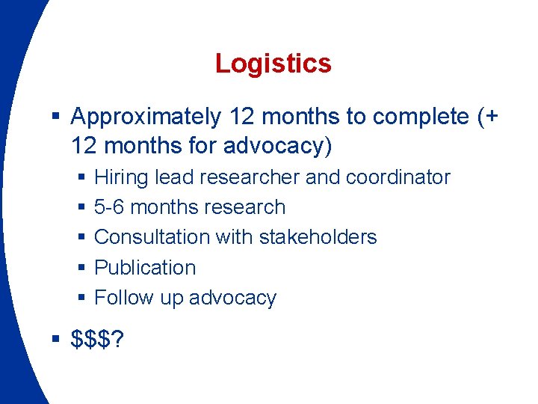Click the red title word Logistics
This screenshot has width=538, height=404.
click(273, 64)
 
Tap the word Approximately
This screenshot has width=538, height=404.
click(146, 117)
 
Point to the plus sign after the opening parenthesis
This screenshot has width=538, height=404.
click(491, 117)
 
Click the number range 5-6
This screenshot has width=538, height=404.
click(111, 207)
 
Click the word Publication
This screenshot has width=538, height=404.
click(145, 267)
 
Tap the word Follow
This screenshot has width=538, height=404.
click(123, 298)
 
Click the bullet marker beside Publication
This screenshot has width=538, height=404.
click(81, 268)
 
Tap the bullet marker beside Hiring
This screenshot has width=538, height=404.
click(81, 178)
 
